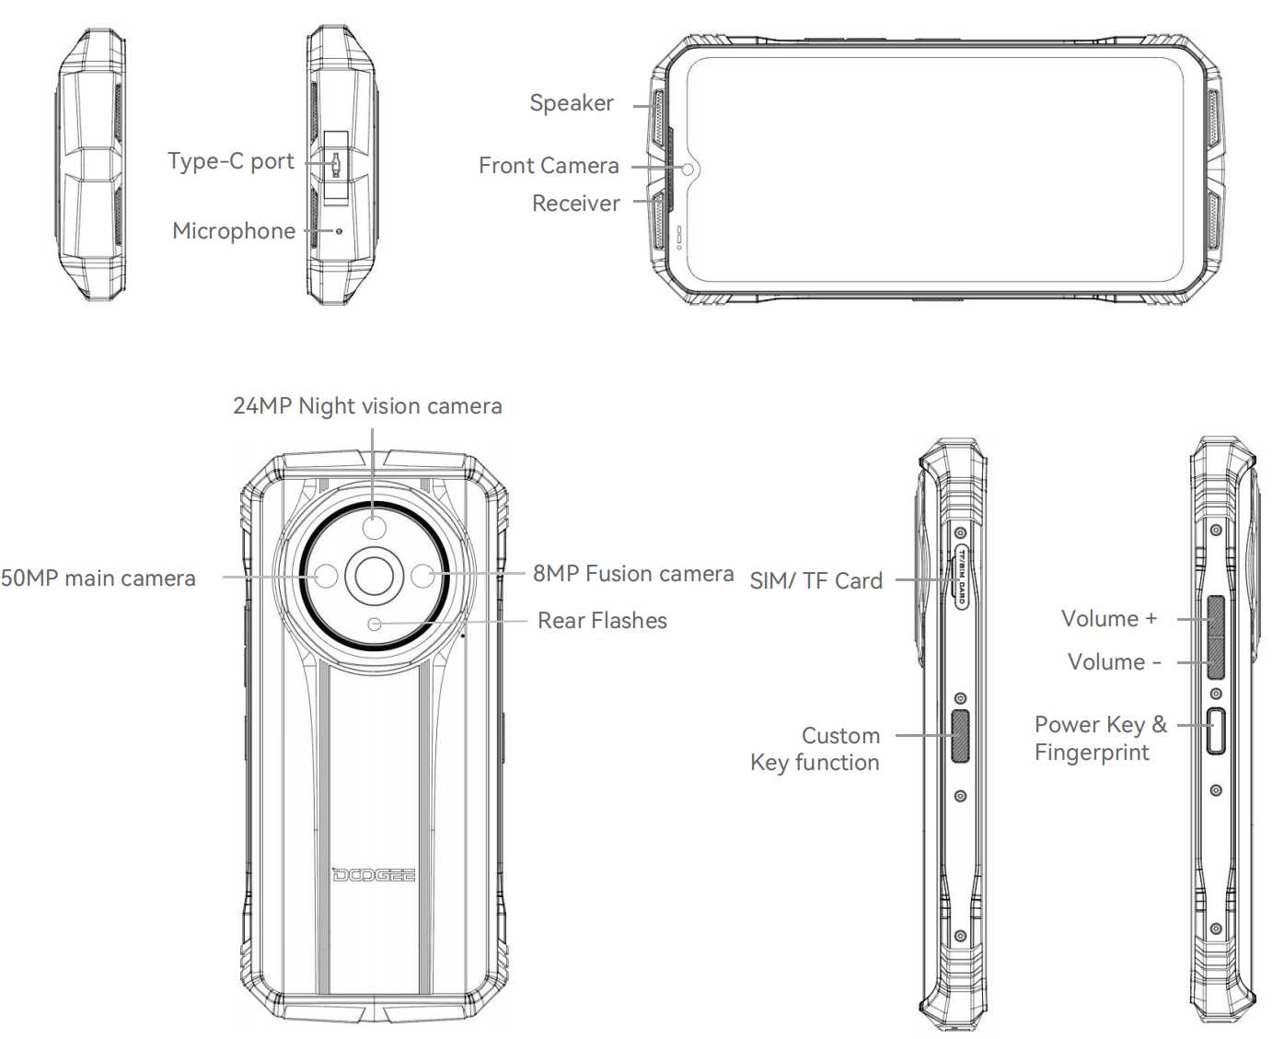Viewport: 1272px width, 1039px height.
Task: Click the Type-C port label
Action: tap(231, 161)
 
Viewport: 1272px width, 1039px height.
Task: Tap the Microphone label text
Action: tap(234, 231)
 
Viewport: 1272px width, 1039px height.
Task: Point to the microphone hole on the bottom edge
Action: tap(339, 230)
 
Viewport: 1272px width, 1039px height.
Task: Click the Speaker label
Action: tap(571, 103)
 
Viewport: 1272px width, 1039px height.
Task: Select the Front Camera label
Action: tap(549, 166)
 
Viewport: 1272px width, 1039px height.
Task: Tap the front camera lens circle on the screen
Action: tap(688, 169)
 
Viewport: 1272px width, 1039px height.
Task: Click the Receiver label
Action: tap(576, 204)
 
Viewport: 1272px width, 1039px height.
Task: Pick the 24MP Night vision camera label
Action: tap(367, 406)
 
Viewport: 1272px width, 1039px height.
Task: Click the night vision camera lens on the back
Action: tap(374, 527)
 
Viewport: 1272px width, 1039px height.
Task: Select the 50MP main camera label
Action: tap(98, 578)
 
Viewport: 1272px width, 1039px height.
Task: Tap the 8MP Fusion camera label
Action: tap(633, 574)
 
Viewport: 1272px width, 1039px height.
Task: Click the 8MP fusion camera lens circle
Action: tap(422, 577)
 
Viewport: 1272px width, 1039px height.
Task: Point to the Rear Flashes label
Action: tap(602, 621)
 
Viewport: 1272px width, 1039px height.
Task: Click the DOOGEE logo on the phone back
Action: tap(374, 874)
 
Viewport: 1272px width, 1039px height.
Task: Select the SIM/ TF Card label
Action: tap(816, 581)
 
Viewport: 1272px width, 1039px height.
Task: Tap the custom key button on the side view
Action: tap(960, 736)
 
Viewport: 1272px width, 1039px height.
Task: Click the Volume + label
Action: tap(1109, 619)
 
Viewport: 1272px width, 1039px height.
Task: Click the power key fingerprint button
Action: tap(1216, 731)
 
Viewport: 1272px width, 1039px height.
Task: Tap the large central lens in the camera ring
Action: tap(374, 576)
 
